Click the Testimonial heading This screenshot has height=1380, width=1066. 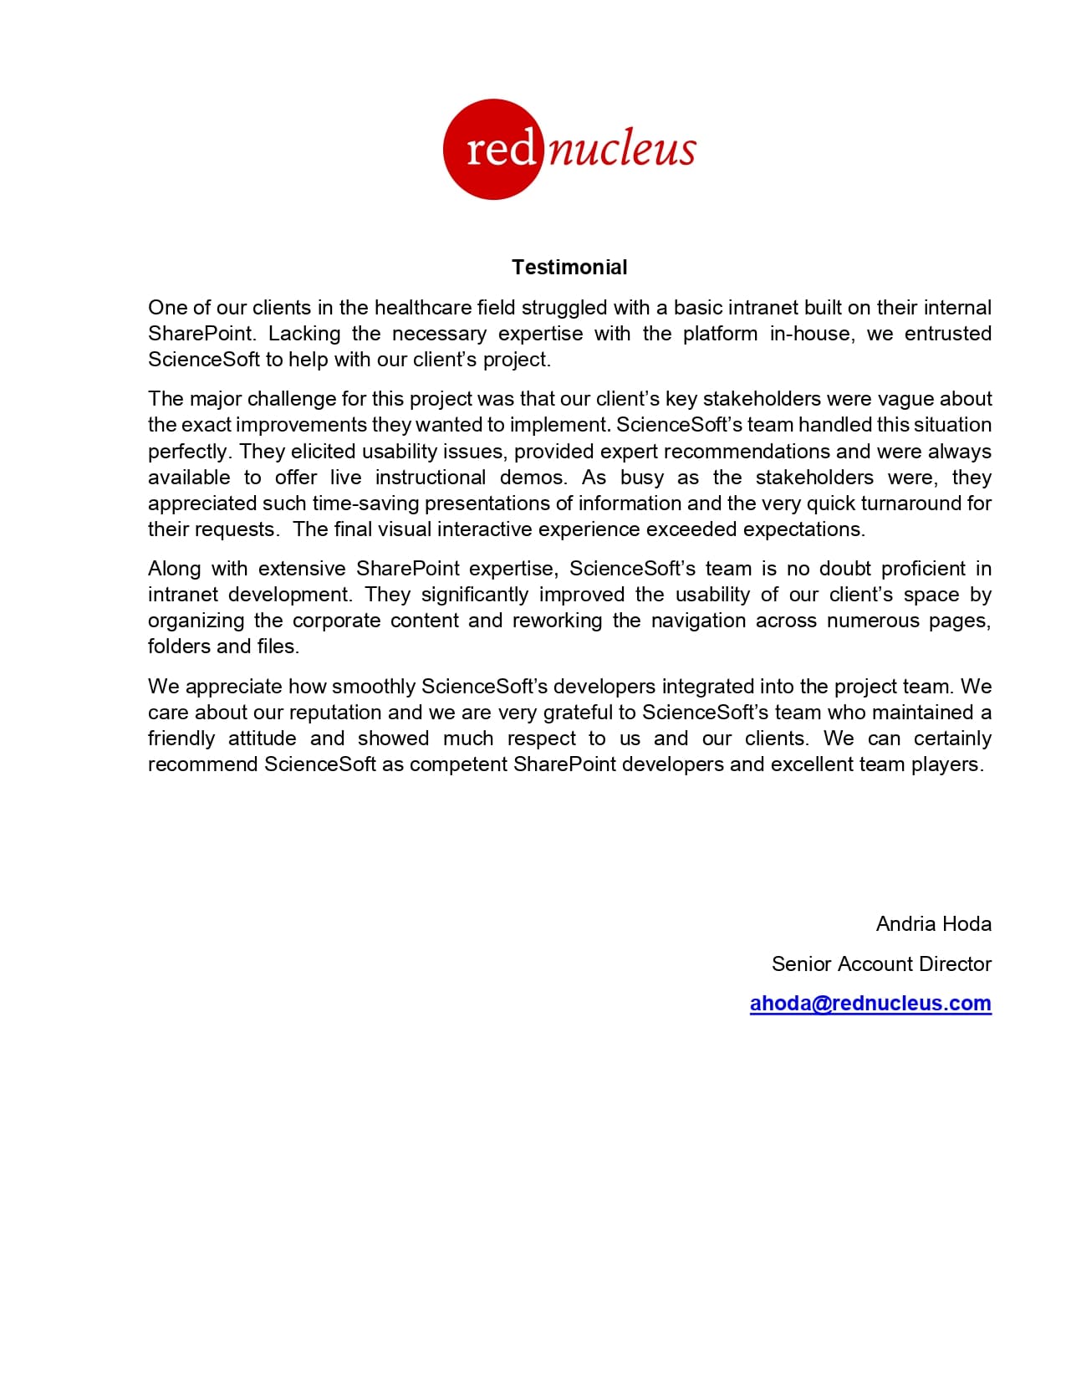click(569, 268)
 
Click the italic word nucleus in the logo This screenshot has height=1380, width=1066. click(622, 150)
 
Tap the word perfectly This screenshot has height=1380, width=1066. click(189, 452)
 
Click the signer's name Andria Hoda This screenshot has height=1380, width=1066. click(933, 924)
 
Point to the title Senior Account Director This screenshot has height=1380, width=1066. click(881, 964)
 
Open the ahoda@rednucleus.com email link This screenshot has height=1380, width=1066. click(870, 1004)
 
